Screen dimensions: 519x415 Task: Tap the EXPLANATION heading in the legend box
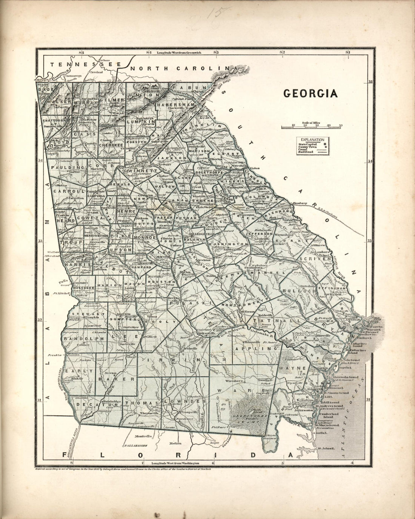pos(312,140)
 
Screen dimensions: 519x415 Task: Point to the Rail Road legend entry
pos(304,152)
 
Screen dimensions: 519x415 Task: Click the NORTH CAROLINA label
pos(181,69)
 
